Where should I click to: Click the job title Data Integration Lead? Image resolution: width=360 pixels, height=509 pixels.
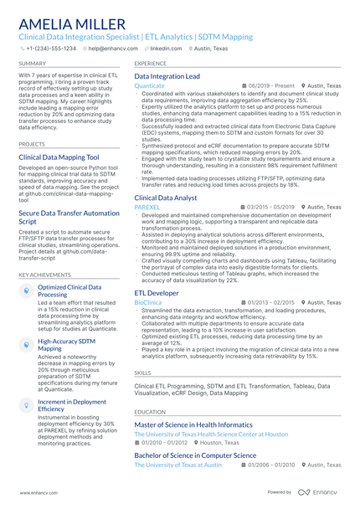tap(167, 76)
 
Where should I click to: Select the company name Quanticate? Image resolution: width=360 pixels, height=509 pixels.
tap(149, 85)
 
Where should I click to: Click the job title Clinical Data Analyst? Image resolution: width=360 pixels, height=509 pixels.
tap(166, 198)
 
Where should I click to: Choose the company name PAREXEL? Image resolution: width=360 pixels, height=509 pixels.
tap(147, 207)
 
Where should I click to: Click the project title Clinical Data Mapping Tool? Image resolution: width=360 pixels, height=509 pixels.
tap(59, 157)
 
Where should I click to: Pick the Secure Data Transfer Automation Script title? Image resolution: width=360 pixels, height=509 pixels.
tap(69, 218)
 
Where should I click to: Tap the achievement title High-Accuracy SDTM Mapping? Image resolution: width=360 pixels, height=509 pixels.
tap(67, 345)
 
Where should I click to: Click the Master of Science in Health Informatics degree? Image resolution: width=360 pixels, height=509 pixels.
tap(198, 425)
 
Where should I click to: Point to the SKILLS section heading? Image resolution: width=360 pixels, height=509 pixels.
tap(142, 372)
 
